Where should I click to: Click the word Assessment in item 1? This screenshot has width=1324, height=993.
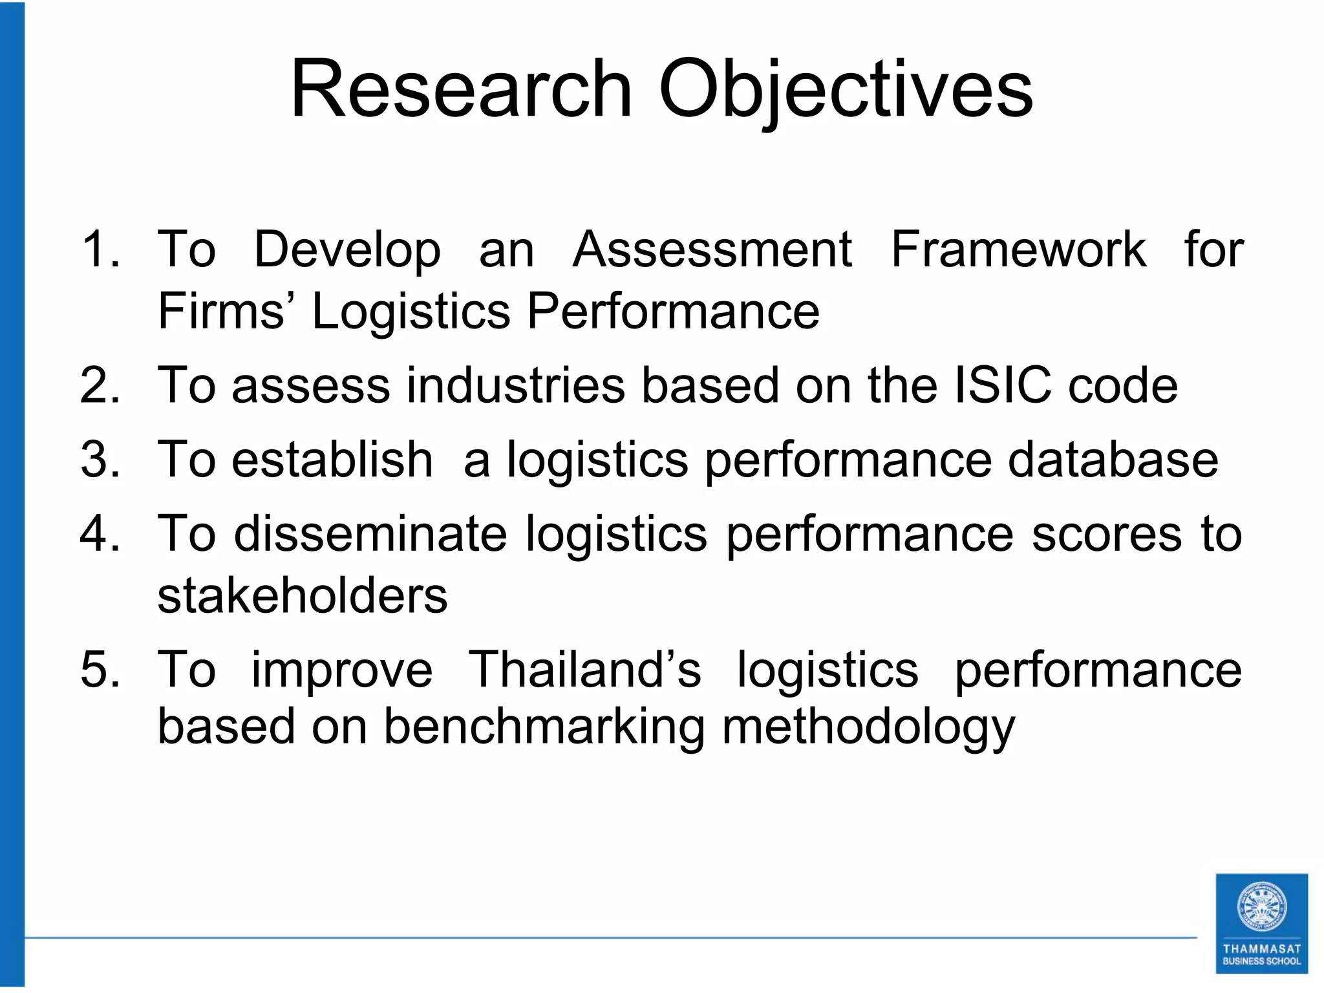pos(712,249)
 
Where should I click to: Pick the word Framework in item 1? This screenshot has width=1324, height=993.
pos(1019,249)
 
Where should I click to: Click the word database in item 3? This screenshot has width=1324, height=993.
pos(1113,459)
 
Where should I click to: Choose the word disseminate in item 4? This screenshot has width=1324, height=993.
pos(370,534)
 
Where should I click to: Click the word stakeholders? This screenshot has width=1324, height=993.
pos(303,595)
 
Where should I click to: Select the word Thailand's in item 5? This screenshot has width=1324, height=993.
pos(584,669)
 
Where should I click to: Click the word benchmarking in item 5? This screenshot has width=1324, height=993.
pos(544,727)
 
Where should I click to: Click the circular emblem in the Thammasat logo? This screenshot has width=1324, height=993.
pos(1261,907)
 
